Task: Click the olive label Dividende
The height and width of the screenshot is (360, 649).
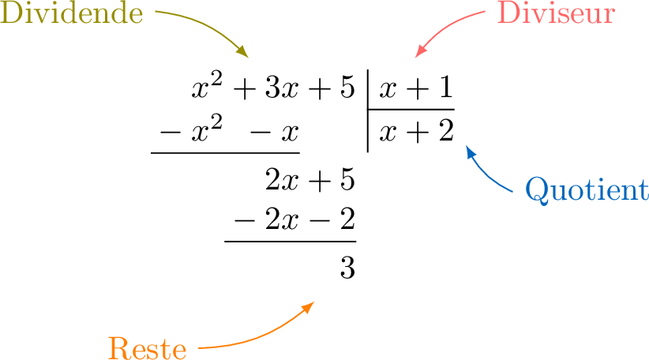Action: [72, 14]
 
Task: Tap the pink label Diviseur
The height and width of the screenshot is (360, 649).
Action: [555, 14]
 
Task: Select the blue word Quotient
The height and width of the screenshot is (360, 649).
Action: [586, 190]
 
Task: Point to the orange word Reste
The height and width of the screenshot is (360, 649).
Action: [147, 348]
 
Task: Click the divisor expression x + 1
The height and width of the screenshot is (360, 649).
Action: [416, 88]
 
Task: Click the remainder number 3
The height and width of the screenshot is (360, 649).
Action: [347, 268]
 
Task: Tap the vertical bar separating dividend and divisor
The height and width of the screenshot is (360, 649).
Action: [368, 111]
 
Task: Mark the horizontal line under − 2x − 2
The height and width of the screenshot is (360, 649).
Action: [291, 242]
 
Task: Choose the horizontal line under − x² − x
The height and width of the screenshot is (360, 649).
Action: [225, 152]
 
